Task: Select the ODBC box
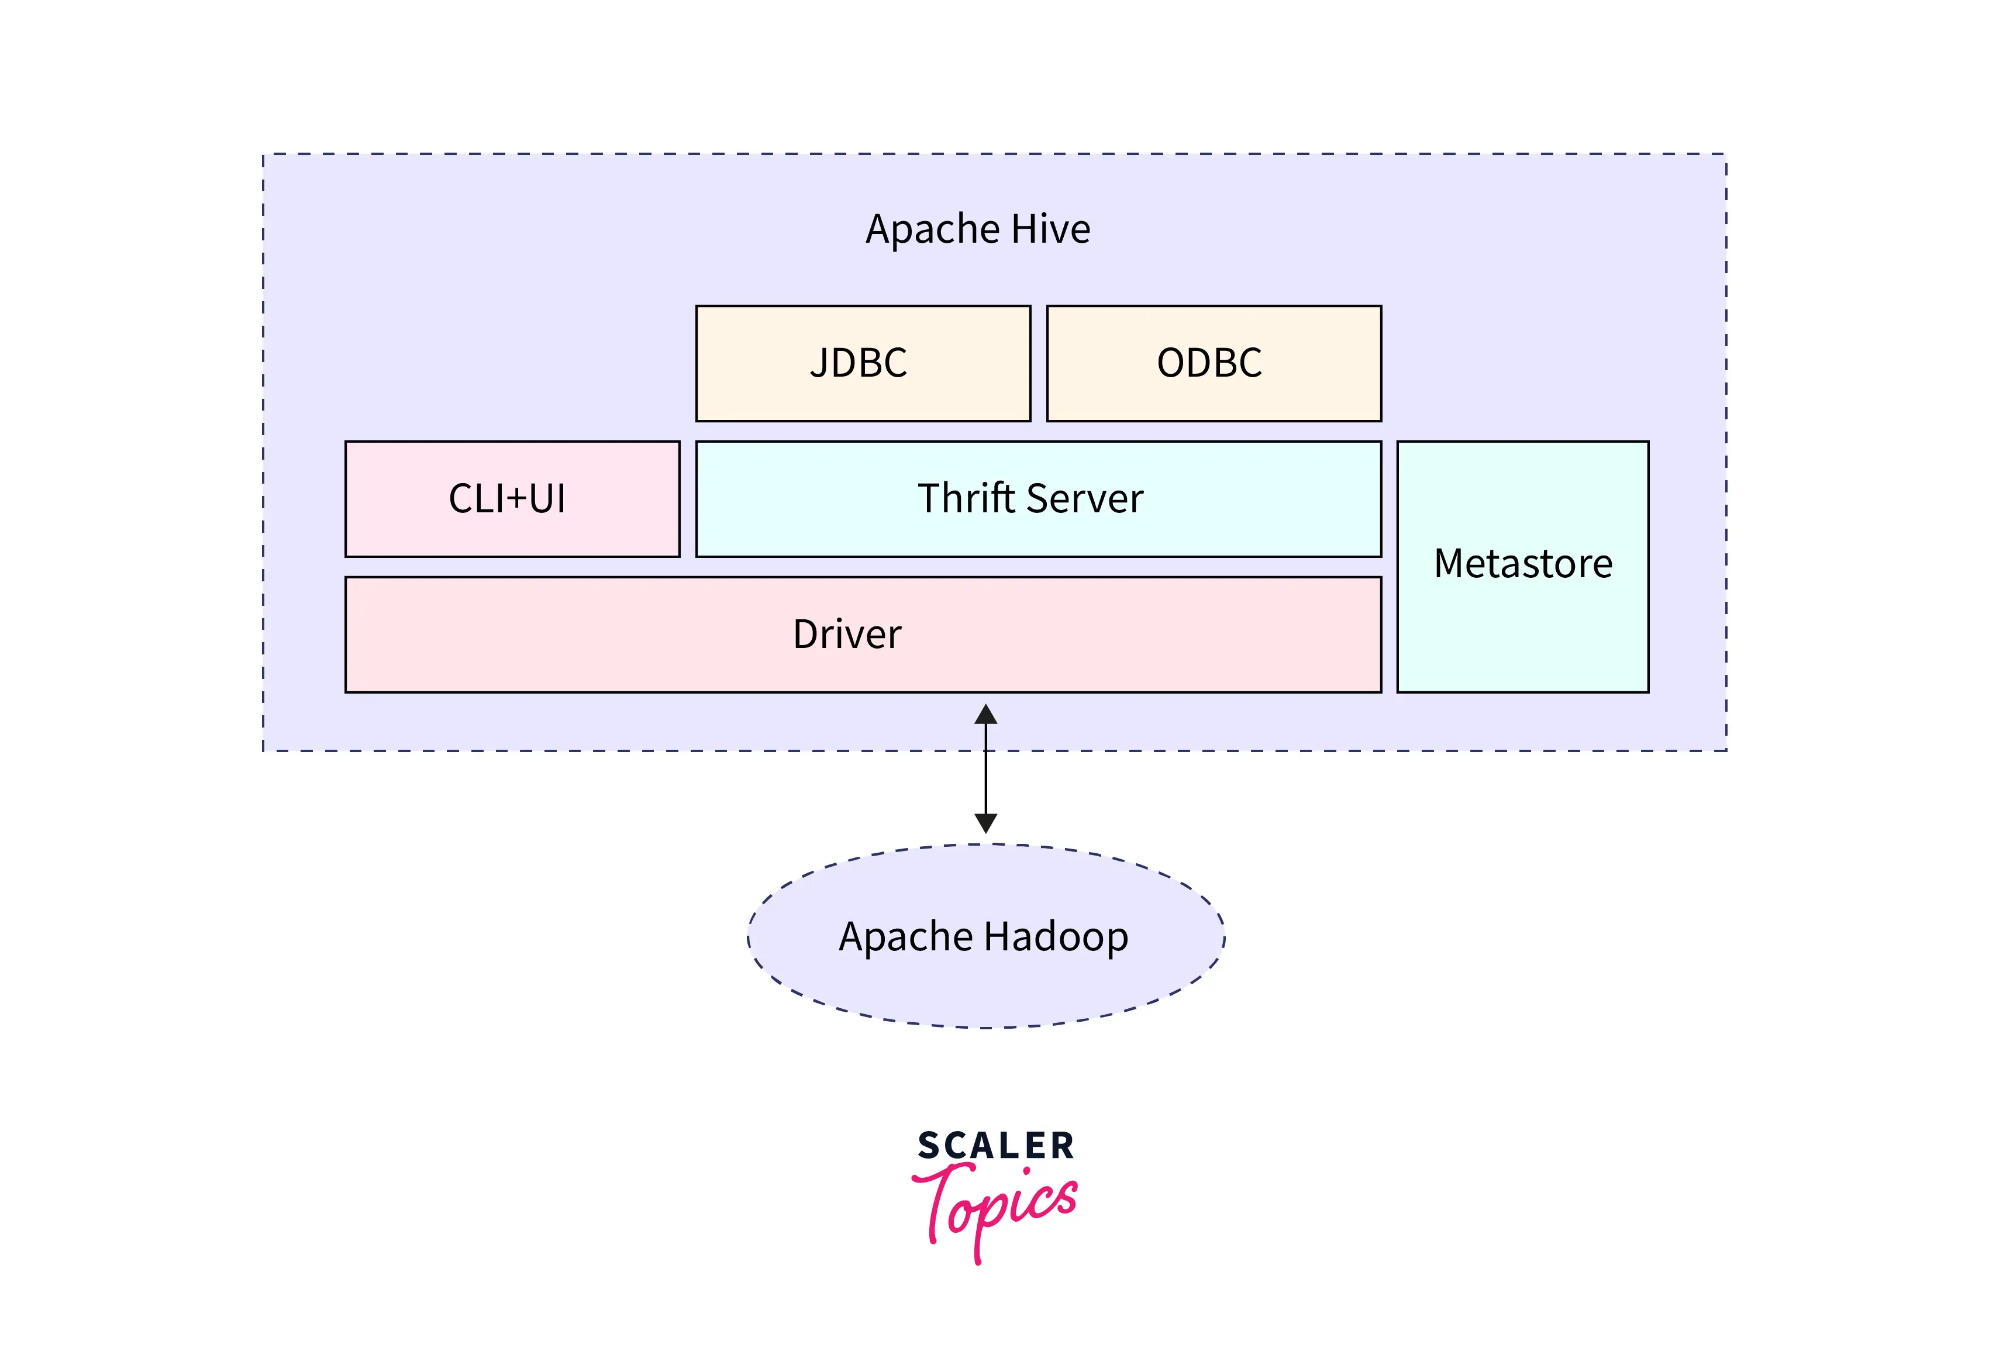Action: (x=1213, y=364)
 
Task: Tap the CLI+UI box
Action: (x=512, y=499)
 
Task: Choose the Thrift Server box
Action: (x=1037, y=499)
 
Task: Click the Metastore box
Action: (x=1522, y=567)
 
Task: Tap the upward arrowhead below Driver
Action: (x=986, y=715)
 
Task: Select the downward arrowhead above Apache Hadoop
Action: (x=986, y=823)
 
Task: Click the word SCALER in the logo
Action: (x=995, y=1146)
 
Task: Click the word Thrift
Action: (x=966, y=499)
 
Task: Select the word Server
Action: (x=1085, y=499)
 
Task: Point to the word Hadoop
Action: (x=1056, y=936)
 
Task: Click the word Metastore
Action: (x=1522, y=564)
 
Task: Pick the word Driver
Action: (x=847, y=635)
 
